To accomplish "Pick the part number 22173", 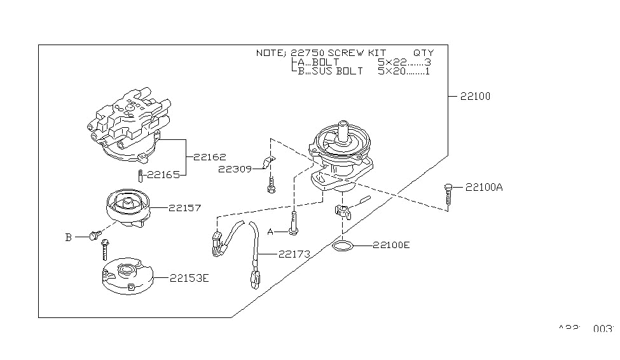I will [x=294, y=254].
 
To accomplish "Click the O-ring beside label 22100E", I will [x=343, y=246].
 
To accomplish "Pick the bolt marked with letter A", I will [x=293, y=223].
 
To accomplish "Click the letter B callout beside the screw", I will [x=68, y=237].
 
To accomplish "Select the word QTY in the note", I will [x=424, y=53].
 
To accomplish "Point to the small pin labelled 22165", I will [x=139, y=174].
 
